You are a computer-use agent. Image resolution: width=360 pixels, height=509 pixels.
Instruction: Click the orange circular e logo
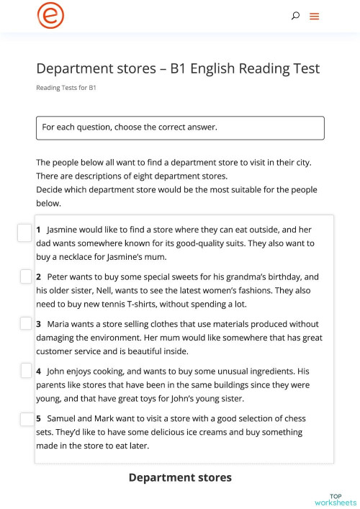point(50,16)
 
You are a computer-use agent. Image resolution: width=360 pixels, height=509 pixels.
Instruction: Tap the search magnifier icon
point(295,16)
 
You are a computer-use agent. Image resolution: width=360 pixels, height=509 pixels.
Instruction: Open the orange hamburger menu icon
point(315,16)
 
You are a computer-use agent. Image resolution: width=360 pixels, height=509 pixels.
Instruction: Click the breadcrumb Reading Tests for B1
point(66,88)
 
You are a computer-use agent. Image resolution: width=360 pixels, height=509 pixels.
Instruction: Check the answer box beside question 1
point(24,232)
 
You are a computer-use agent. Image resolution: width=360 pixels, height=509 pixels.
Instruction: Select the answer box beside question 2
point(25,277)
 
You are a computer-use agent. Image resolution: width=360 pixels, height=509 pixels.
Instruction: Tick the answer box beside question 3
point(25,324)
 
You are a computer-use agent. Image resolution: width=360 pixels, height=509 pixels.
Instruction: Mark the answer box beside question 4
point(25,371)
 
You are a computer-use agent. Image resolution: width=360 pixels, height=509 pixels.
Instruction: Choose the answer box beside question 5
point(25,418)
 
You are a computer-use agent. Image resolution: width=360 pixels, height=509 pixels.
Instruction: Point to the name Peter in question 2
point(59,276)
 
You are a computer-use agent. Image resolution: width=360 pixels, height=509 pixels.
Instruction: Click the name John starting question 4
point(57,371)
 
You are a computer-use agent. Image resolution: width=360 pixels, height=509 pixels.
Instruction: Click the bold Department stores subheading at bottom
point(180,477)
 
